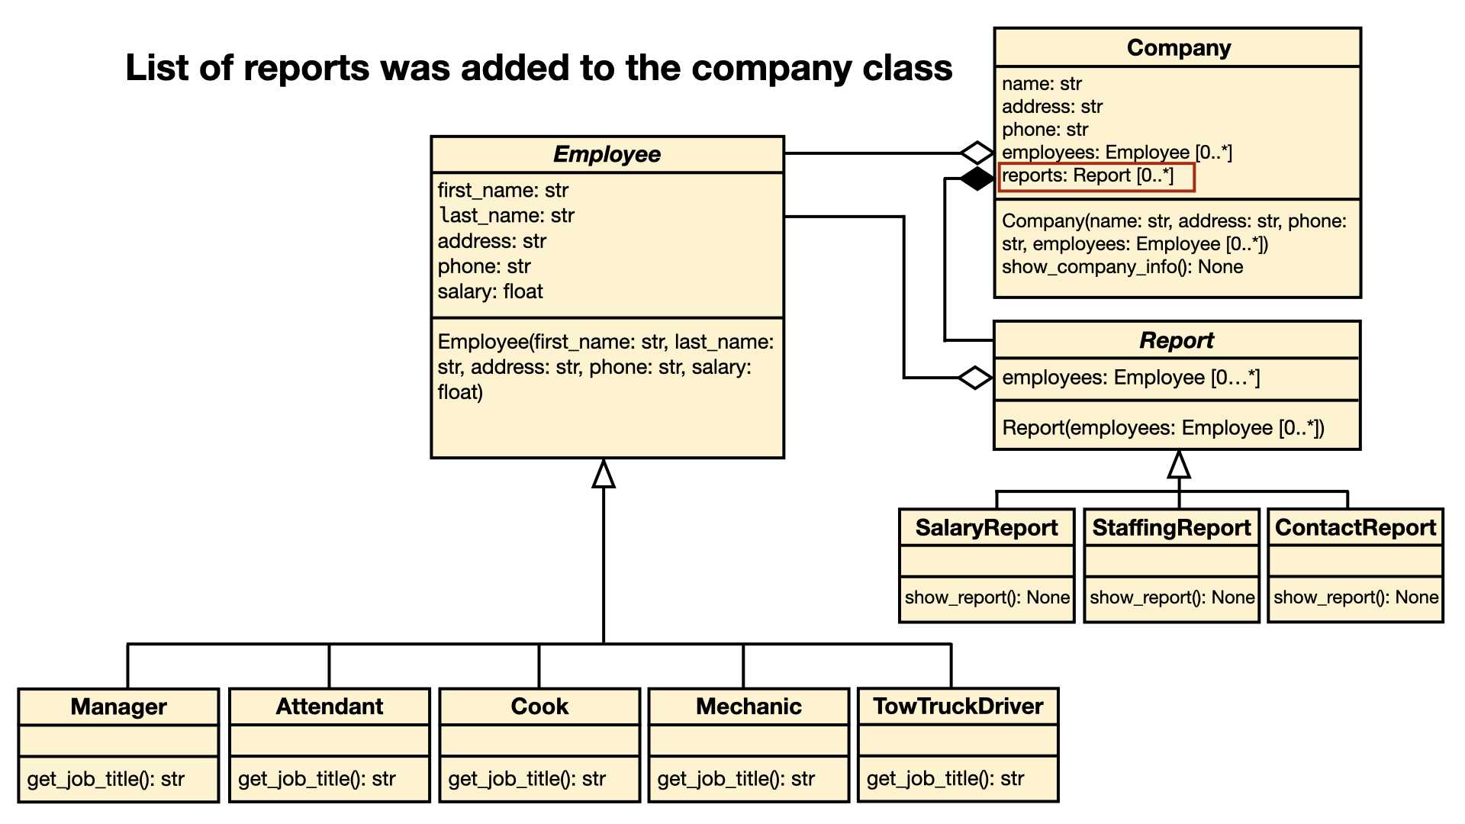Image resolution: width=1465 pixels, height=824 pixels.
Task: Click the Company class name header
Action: pyautogui.click(x=1179, y=48)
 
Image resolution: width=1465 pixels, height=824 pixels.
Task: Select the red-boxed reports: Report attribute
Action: pyautogui.click(x=1096, y=176)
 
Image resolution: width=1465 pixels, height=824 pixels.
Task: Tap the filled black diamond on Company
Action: pyautogui.click(x=977, y=179)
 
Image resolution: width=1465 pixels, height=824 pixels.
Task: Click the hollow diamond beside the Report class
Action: pyautogui.click(x=975, y=377)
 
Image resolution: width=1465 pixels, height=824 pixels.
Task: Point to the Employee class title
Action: pyautogui.click(x=607, y=154)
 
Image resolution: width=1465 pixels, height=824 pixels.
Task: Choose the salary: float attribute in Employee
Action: pyautogui.click(x=490, y=291)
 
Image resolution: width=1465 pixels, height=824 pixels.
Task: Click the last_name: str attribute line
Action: pyautogui.click(x=507, y=216)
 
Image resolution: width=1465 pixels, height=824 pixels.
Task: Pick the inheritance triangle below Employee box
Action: pyautogui.click(x=604, y=473)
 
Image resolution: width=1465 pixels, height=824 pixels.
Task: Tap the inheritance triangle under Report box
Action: pyautogui.click(x=1179, y=464)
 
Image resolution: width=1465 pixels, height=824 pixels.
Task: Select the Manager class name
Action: pyautogui.click(x=119, y=707)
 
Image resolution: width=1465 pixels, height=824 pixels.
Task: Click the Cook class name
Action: pyautogui.click(x=539, y=707)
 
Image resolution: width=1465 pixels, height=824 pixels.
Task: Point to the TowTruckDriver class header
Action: pyautogui.click(x=958, y=706)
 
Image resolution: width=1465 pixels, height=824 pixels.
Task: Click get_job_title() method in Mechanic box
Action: pyautogui.click(x=736, y=779)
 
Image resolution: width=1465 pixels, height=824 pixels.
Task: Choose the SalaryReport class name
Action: pyautogui.click(x=987, y=527)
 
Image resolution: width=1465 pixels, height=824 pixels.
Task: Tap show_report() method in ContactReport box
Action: pyautogui.click(x=1356, y=597)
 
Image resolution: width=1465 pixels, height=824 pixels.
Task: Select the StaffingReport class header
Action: pyautogui.click(x=1171, y=527)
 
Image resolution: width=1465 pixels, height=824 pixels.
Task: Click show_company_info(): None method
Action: pyautogui.click(x=1122, y=267)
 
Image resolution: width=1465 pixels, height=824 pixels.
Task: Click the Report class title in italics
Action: pyautogui.click(x=1177, y=340)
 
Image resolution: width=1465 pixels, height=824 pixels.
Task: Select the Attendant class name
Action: pyautogui.click(x=330, y=707)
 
